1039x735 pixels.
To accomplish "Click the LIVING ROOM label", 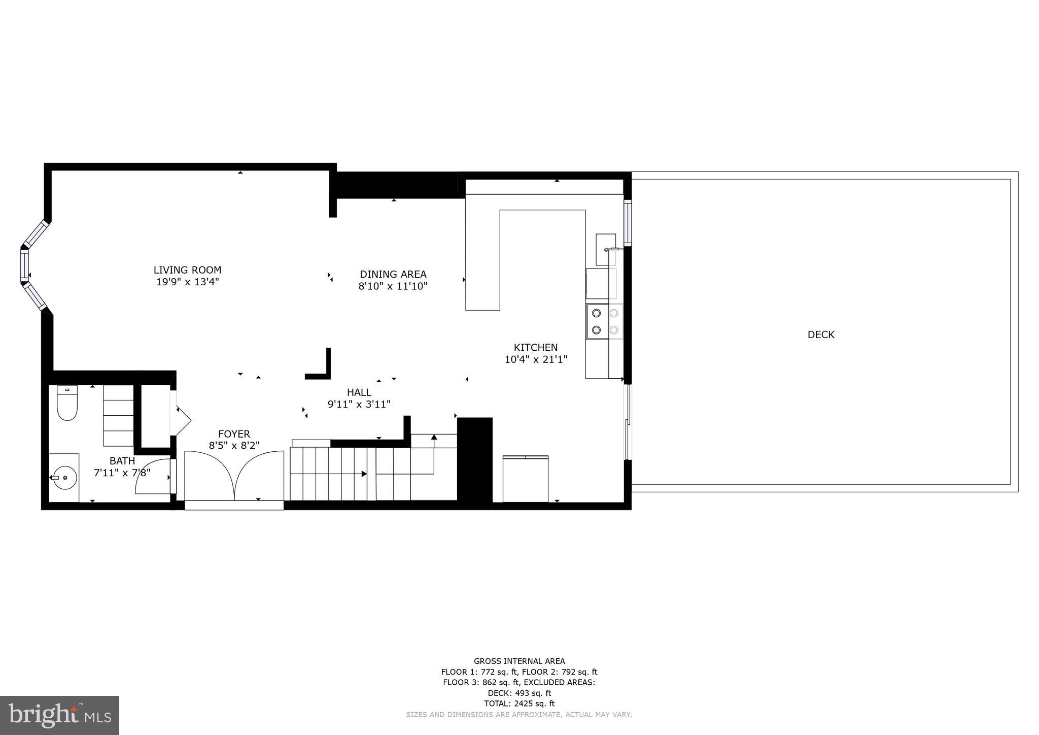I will (x=187, y=270).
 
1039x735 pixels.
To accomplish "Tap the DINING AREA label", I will (x=393, y=275).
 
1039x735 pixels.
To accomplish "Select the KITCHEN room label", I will (x=535, y=348).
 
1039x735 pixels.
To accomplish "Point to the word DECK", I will (x=820, y=335).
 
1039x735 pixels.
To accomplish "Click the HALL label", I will (x=359, y=392).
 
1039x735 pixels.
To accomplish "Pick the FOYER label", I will (x=234, y=434).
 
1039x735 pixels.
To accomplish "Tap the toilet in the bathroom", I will (x=66, y=404).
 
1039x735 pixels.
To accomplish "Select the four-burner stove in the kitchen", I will (x=605, y=321).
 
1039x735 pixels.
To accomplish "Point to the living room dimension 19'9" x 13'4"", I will (x=187, y=282).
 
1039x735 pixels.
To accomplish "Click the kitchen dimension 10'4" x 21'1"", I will (x=535, y=360).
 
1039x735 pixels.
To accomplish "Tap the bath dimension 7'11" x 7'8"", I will (x=122, y=473).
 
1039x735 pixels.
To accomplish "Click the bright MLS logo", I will (x=59, y=715).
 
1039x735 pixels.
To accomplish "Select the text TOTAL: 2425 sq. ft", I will (x=519, y=704).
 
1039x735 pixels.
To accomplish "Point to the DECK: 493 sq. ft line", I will (x=519, y=693).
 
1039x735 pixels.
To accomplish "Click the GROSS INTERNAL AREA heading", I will (x=519, y=661).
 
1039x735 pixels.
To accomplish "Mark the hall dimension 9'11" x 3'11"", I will (x=359, y=405).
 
